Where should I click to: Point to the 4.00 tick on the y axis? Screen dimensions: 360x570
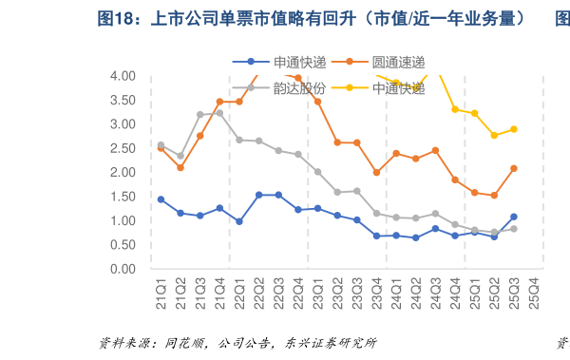(x=122, y=76)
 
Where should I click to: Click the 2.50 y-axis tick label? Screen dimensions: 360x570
(x=122, y=148)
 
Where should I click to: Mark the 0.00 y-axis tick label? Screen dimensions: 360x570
(x=122, y=269)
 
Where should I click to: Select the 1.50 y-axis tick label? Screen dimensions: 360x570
(x=122, y=197)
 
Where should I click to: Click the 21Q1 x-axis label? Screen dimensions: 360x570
(x=161, y=287)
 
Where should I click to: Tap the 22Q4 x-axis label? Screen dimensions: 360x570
(x=298, y=287)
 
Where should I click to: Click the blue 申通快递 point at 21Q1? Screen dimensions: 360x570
(x=161, y=199)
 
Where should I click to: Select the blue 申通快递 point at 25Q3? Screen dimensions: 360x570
(x=514, y=217)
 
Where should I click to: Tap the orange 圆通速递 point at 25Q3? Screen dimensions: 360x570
(x=514, y=168)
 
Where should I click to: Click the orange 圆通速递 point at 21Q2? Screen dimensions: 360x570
(x=180, y=167)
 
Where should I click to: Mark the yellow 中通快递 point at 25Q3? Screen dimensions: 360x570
(x=514, y=129)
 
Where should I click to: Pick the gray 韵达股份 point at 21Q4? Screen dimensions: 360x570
(x=219, y=113)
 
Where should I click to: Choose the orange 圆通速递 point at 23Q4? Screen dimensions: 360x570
(x=377, y=173)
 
